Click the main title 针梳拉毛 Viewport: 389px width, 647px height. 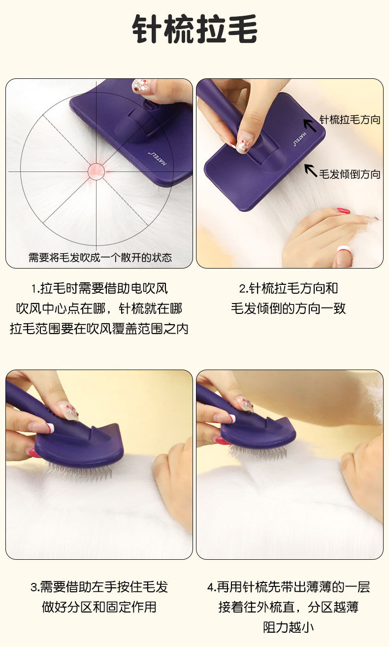point(195,29)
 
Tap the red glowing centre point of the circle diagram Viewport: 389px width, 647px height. point(96,171)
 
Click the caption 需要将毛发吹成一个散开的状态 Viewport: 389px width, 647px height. point(100,257)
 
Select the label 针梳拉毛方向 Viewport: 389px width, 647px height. point(350,119)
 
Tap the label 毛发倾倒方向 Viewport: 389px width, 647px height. point(350,174)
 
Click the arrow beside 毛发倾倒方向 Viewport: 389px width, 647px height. point(311,170)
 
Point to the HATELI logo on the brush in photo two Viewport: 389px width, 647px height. point(300,138)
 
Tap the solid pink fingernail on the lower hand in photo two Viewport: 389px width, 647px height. point(343,210)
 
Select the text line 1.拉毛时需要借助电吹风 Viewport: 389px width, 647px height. point(99,288)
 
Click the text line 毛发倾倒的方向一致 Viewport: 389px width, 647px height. point(288,308)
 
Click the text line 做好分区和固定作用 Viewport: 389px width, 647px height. point(99,607)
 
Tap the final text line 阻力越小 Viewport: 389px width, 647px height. point(288,627)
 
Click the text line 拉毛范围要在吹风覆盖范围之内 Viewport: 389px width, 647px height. point(99,329)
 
